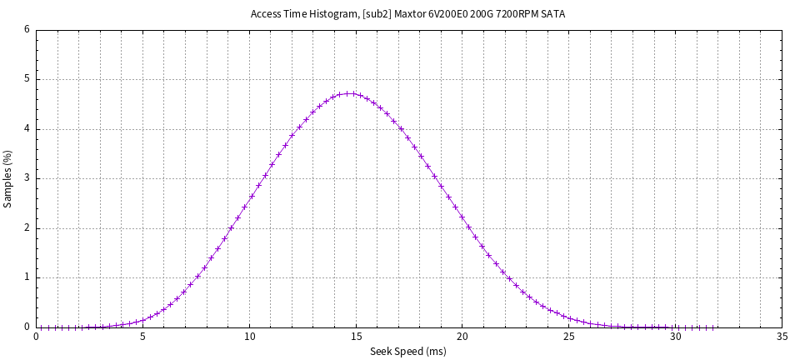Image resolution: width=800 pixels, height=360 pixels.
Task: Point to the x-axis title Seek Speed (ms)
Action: point(408,352)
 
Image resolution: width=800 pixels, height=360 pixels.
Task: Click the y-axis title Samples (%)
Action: point(8,178)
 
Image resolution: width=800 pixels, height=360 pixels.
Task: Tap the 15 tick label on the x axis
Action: point(356,337)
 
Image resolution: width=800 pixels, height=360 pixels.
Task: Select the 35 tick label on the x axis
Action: point(782,337)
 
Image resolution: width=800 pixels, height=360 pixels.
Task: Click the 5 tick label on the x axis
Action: point(142,337)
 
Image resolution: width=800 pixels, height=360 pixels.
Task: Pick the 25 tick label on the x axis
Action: point(568,337)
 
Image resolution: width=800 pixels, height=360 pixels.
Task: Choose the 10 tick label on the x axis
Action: point(249,337)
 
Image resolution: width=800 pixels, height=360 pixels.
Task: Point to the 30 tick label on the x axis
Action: point(675,337)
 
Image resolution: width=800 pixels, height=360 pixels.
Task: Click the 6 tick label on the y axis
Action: point(27,30)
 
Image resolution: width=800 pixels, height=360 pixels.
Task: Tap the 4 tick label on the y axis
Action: point(27,129)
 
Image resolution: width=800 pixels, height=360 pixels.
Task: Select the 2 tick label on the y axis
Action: point(27,228)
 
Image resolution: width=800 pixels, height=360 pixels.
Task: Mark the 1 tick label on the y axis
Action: point(27,277)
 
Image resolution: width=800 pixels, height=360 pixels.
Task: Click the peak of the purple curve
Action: point(350,93)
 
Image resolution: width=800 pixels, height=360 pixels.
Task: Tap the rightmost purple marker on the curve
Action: point(713,327)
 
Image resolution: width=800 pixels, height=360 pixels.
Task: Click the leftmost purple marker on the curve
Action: point(48,327)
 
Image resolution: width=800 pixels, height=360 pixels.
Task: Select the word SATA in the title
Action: point(552,14)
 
